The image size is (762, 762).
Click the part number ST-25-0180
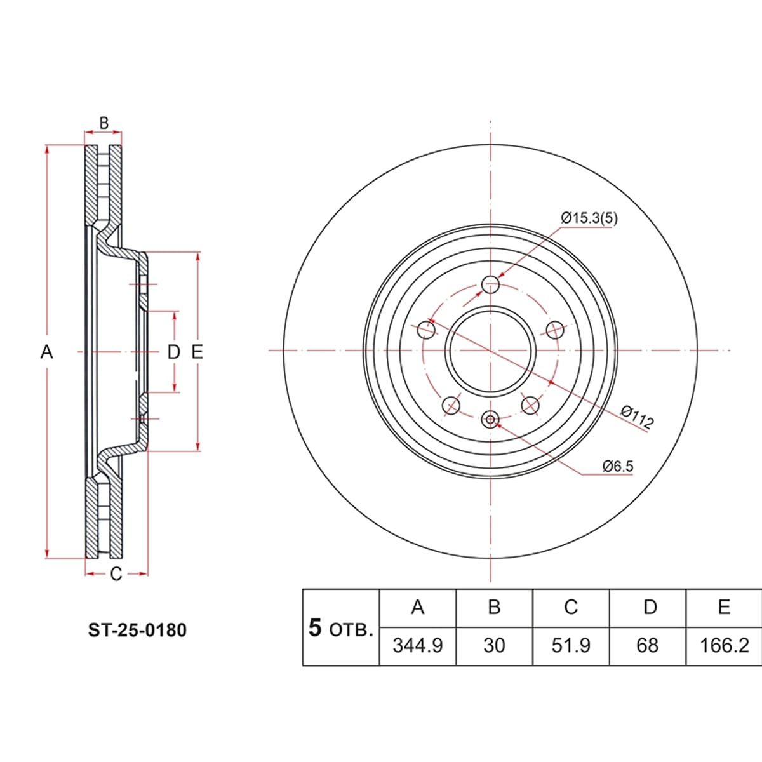(x=137, y=631)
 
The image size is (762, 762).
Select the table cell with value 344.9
(x=418, y=646)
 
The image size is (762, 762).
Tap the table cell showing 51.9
(x=571, y=646)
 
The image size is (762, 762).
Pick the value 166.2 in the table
(x=724, y=646)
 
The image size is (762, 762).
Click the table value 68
(x=647, y=646)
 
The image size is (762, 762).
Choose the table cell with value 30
(x=494, y=646)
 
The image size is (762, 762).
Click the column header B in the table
(x=494, y=607)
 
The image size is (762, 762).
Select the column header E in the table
(x=724, y=607)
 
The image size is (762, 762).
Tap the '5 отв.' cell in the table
(x=340, y=628)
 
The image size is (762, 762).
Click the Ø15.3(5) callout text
(x=589, y=218)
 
